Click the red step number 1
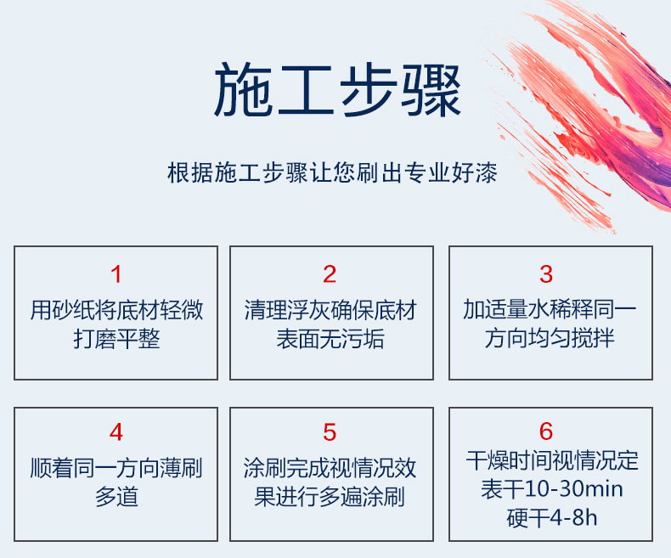116,274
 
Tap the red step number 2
330,274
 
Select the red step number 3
546,274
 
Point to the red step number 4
116,432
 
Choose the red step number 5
330,432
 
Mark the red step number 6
546,431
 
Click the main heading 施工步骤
337,90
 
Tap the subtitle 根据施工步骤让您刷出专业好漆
332,173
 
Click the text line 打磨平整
116,339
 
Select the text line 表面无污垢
330,339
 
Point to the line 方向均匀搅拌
550,338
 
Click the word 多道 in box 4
116,497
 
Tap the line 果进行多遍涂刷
330,497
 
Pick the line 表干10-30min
551,489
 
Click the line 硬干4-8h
551,518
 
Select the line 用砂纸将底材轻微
116,310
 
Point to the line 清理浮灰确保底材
330,310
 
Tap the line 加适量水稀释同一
550,309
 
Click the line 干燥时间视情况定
551,460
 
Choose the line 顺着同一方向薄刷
116,468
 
